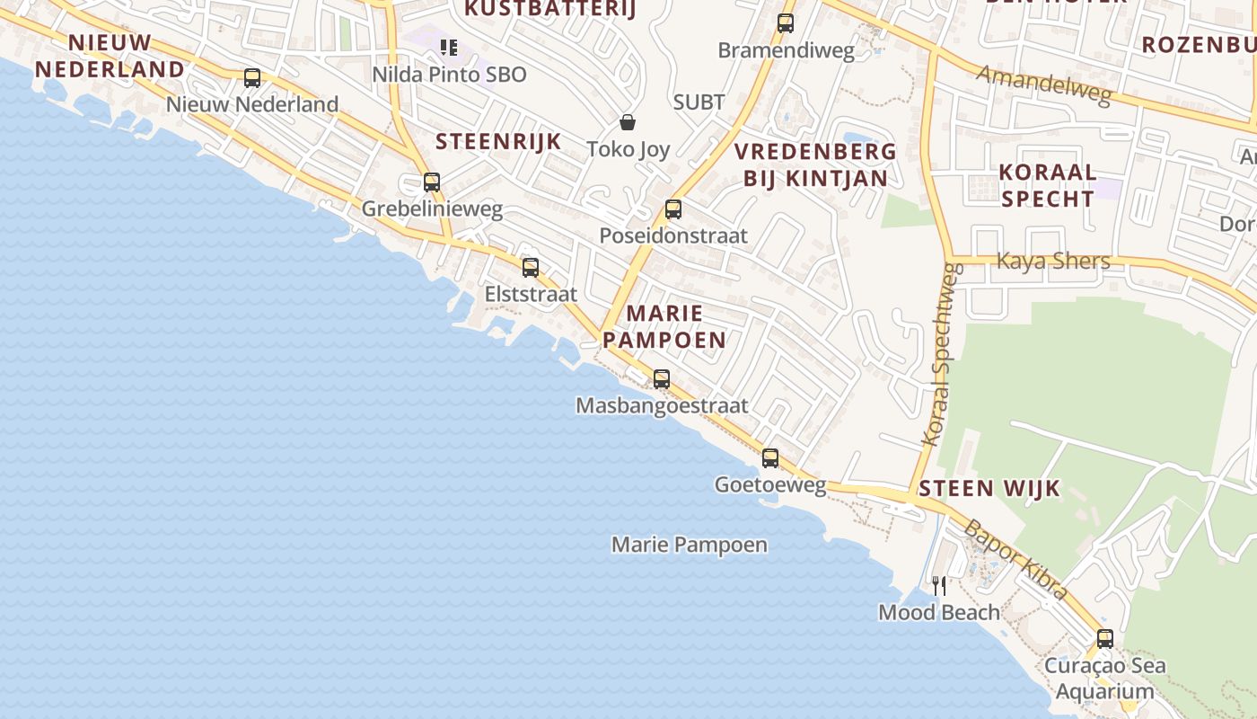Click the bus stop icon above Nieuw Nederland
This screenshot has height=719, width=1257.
[x=252, y=78]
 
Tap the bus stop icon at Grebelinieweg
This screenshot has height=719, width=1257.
[x=432, y=182]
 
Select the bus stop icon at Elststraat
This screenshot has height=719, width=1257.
[x=531, y=267]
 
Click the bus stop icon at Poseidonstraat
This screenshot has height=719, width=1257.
[x=673, y=209]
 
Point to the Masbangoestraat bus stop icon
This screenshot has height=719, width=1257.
[x=662, y=379]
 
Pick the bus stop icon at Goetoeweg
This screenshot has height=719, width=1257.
[x=770, y=458]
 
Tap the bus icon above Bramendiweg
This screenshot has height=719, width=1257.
[x=786, y=23]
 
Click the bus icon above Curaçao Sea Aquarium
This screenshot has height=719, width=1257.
[x=1105, y=639]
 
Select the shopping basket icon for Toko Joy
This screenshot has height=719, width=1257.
[x=628, y=121]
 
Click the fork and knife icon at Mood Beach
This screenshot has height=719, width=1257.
[x=939, y=586]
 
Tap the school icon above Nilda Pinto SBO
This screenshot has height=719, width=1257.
[x=448, y=47]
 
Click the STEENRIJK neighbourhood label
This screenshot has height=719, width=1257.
[x=498, y=141]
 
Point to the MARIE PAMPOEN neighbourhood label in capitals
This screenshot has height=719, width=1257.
[x=664, y=326]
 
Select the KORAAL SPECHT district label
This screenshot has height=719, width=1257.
[x=1048, y=185]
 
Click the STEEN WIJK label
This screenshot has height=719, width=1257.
[x=989, y=489]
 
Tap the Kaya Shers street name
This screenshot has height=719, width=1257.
[x=1053, y=262]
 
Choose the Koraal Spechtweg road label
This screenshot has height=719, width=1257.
[x=942, y=354]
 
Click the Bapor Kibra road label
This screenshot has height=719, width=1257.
[x=1015, y=558]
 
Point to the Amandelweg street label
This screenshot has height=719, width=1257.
[x=1043, y=86]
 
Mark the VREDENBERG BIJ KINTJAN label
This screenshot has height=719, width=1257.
[x=815, y=164]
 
